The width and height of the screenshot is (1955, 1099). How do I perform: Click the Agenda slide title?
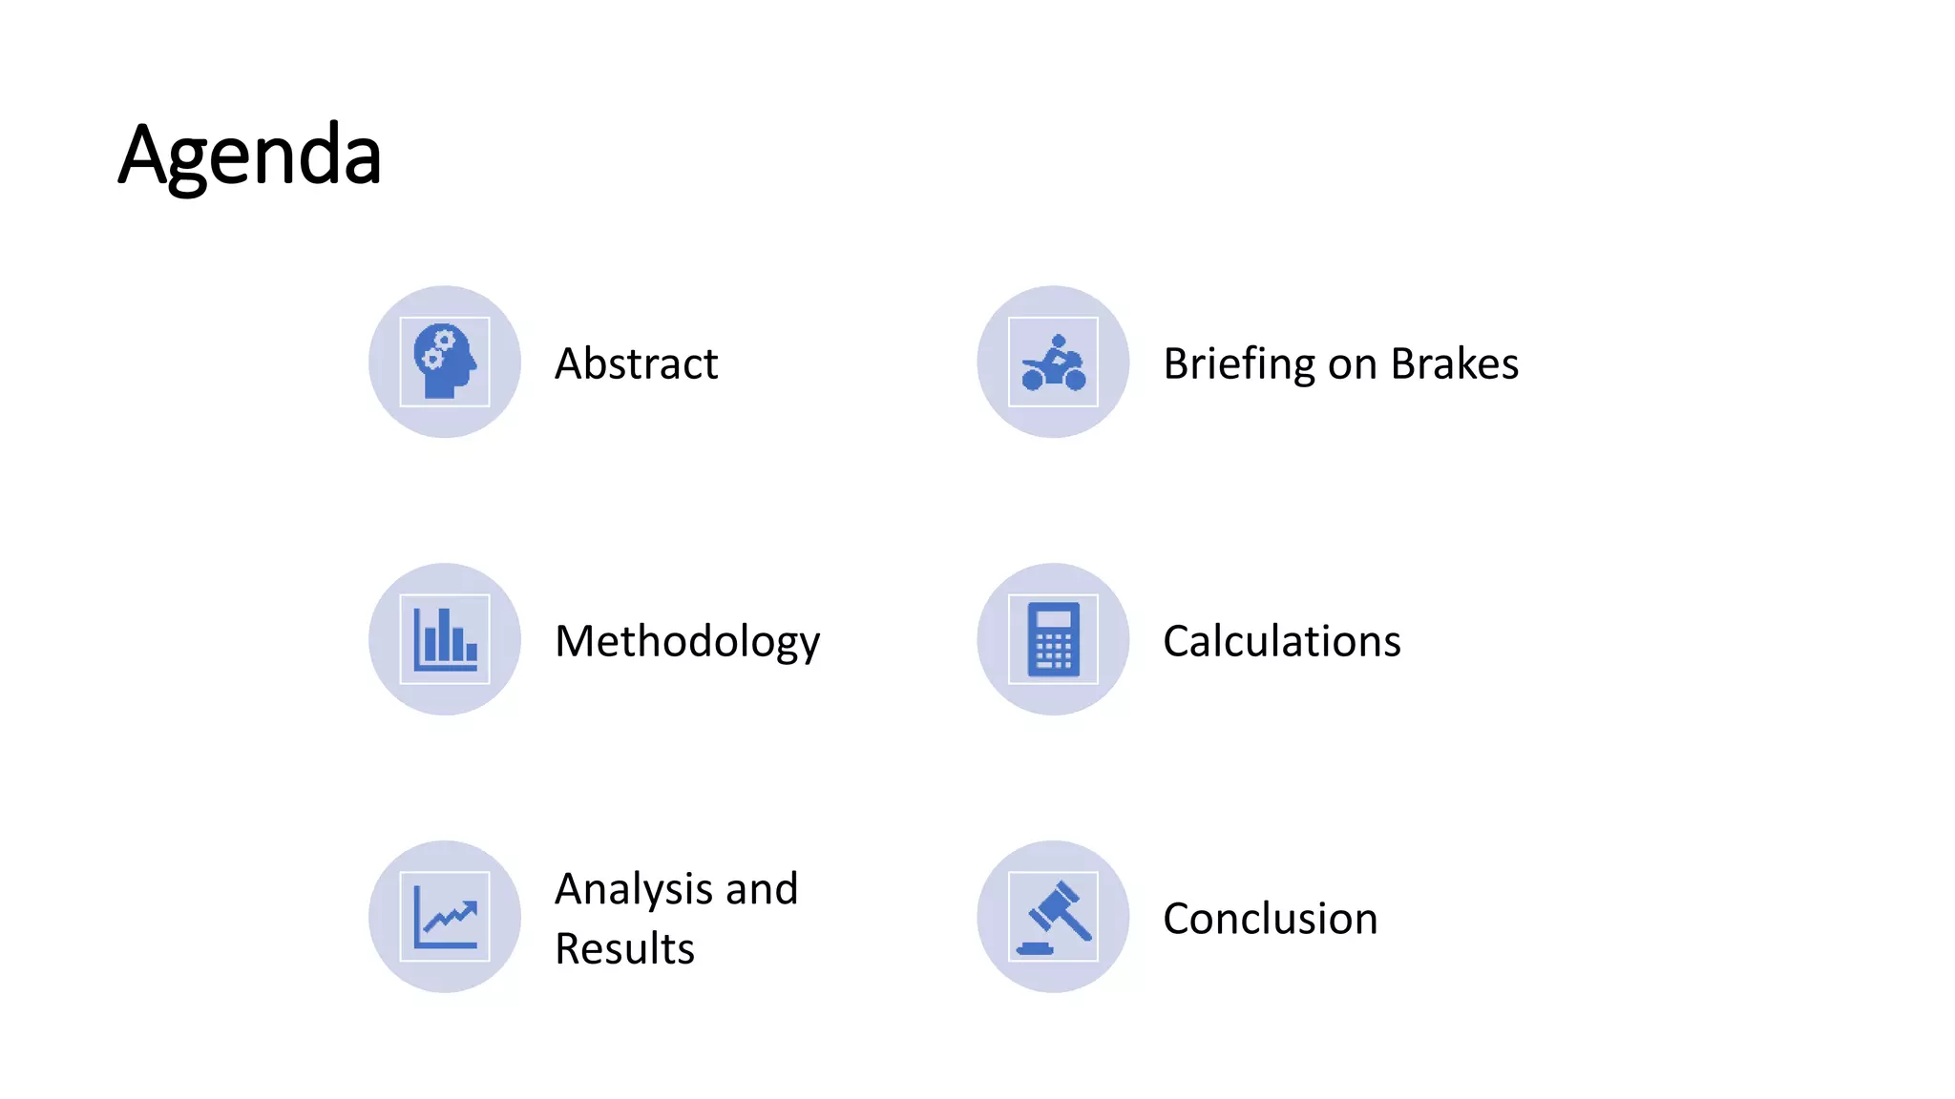tap(250, 155)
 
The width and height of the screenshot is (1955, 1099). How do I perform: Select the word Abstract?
tap(636, 363)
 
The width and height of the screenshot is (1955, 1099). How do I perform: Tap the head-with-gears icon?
tap(444, 362)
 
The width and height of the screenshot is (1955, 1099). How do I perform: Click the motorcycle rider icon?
tap(1053, 363)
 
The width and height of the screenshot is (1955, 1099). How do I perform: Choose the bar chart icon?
tap(444, 639)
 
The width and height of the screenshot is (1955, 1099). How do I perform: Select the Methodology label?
tap(687, 641)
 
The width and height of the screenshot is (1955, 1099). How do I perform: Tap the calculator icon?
tap(1053, 639)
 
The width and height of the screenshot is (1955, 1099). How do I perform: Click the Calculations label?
tap(1281, 641)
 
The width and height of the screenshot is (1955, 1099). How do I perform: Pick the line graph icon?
tap(444, 917)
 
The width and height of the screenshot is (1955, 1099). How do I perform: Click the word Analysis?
tap(634, 889)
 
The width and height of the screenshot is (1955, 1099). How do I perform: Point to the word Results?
tap(624, 948)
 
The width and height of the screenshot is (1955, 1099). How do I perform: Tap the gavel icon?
tap(1053, 917)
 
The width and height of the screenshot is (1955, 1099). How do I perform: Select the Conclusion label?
tap(1270, 919)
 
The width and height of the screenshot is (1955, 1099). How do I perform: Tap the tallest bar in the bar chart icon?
tap(444, 634)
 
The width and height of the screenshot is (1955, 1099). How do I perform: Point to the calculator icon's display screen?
tap(1053, 618)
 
